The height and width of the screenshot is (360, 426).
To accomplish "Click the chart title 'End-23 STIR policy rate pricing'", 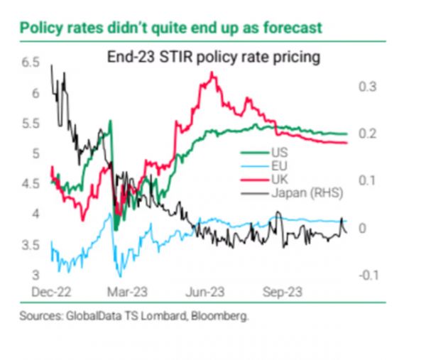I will [211, 56].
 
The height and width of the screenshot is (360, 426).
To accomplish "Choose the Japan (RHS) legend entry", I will [297, 190].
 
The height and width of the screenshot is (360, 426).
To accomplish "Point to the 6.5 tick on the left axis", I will [29, 63].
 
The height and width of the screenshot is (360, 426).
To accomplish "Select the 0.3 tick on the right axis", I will [366, 87].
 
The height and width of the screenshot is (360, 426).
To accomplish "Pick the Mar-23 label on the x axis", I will [129, 291].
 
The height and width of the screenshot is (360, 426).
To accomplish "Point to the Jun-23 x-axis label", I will [206, 291].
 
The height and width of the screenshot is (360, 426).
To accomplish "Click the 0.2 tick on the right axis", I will [366, 133].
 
